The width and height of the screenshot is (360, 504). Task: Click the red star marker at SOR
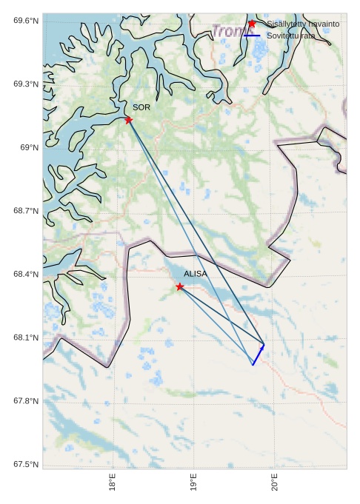pyautogui.click(x=129, y=120)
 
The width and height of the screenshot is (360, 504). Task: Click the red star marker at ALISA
pyautogui.click(x=180, y=286)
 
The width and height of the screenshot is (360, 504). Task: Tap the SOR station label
pyautogui.click(x=141, y=108)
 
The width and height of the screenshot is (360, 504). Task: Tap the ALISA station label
pyautogui.click(x=196, y=274)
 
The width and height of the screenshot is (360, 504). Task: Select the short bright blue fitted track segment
pyautogui.click(x=258, y=355)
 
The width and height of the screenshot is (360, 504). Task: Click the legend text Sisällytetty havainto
pyautogui.click(x=303, y=24)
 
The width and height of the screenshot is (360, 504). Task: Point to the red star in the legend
pyautogui.click(x=252, y=24)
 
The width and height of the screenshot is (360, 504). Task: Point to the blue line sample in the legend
pyautogui.click(x=252, y=36)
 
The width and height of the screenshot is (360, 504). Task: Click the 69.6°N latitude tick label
pyautogui.click(x=26, y=21)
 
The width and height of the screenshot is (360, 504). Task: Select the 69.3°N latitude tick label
pyautogui.click(x=26, y=84)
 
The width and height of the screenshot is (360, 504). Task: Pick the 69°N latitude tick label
pyautogui.click(x=29, y=148)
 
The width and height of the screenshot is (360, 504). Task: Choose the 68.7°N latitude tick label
pyautogui.click(x=26, y=212)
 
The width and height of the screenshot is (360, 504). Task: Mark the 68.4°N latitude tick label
pyautogui.click(x=26, y=275)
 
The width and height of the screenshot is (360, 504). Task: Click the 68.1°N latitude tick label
pyautogui.click(x=26, y=338)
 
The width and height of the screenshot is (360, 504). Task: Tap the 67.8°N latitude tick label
pyautogui.click(x=26, y=401)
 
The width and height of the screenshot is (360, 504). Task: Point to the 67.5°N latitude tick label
pyautogui.click(x=26, y=465)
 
